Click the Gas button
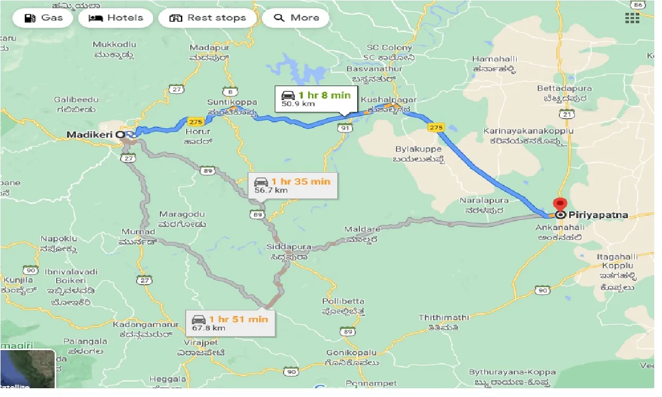(x=45, y=18)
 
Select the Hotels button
(x=116, y=18)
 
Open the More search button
(x=296, y=18)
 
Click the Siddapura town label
(x=289, y=247)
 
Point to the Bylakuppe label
(x=418, y=149)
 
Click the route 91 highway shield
(x=344, y=128)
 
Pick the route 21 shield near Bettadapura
(x=568, y=114)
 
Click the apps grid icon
(x=632, y=18)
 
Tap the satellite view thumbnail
(x=28, y=369)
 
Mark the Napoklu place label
(x=59, y=239)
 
